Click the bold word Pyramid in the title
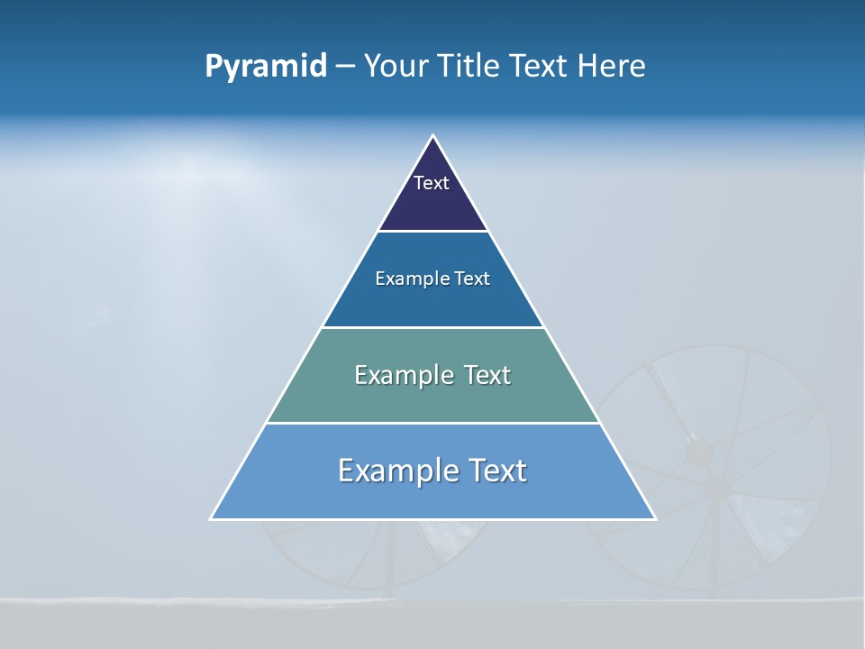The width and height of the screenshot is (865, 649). [x=266, y=67]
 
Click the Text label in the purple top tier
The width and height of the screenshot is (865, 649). [x=432, y=183]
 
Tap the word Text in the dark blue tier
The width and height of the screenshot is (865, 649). [x=473, y=279]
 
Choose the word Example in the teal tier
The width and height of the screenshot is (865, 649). [x=404, y=375]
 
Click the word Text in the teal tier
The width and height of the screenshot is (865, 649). [x=487, y=375]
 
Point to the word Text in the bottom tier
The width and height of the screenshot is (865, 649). [x=496, y=471]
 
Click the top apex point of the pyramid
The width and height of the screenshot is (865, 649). [x=433, y=136]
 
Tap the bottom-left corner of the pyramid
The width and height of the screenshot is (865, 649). [x=212, y=518]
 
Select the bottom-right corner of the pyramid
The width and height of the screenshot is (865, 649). [x=655, y=518]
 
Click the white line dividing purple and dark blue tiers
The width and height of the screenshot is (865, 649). [x=433, y=232]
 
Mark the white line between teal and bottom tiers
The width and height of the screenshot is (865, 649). [x=433, y=423]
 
